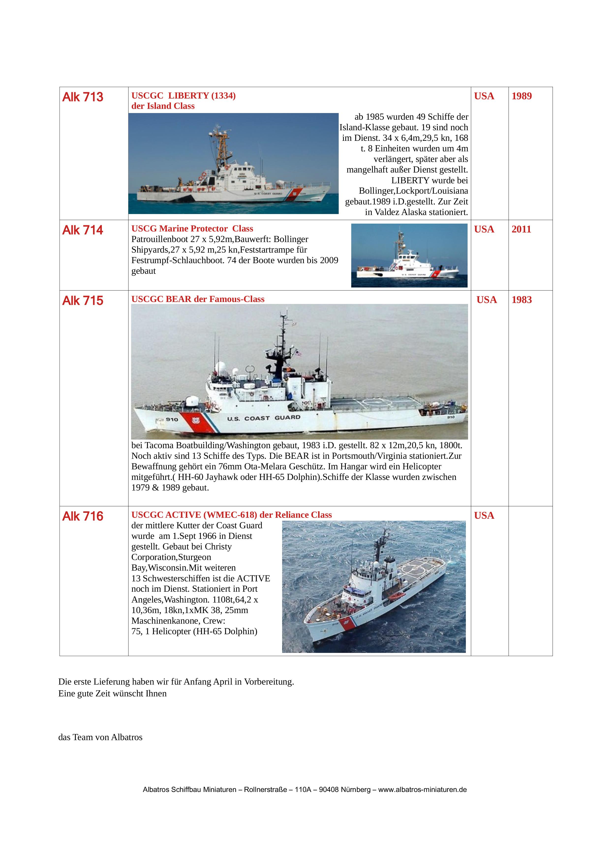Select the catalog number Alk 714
point(83,230)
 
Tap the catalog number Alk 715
point(83,301)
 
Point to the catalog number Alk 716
point(83,516)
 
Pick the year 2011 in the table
point(521,230)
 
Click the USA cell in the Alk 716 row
point(484,516)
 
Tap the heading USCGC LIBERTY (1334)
point(183,96)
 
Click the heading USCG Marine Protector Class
point(192,229)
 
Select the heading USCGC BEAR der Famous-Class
point(198,299)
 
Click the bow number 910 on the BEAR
point(172,419)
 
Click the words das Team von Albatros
point(100,737)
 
